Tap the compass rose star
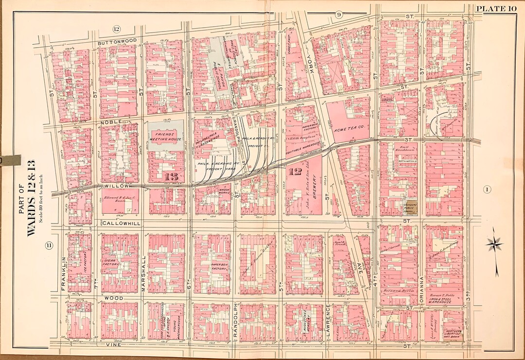(x=494, y=243)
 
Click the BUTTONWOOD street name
(x=114, y=42)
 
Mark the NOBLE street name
(x=110, y=123)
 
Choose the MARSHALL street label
(x=144, y=274)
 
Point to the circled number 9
(x=339, y=15)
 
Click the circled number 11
(x=49, y=246)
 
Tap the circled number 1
(x=486, y=189)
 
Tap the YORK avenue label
(x=312, y=66)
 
